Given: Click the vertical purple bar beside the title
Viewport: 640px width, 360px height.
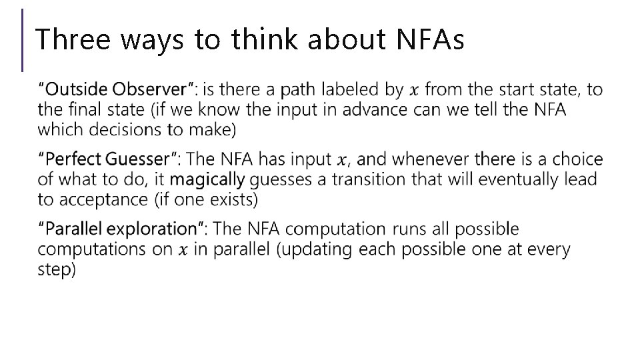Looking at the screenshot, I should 23,40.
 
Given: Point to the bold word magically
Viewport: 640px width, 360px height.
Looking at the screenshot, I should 207,180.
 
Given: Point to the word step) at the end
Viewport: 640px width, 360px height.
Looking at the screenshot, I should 58,270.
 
